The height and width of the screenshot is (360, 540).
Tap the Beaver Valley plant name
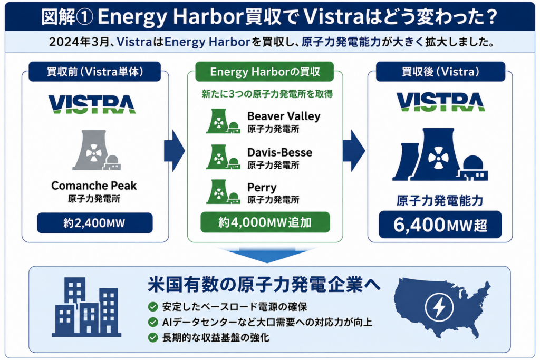(284, 116)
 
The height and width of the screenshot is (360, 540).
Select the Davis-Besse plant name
(279, 152)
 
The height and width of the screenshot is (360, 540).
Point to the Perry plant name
(262, 188)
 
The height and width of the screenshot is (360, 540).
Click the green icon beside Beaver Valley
(223, 121)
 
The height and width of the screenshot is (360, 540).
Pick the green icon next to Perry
(223, 192)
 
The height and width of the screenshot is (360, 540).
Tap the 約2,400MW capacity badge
(95, 223)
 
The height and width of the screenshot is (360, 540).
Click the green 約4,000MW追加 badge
(265, 222)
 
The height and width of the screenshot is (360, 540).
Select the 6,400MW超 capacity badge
(440, 225)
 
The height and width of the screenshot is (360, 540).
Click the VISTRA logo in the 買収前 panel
(92, 104)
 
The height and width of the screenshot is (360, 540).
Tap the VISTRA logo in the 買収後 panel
(440, 102)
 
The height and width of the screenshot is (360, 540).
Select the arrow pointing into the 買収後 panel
(354, 151)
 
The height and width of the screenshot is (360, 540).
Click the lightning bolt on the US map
(439, 306)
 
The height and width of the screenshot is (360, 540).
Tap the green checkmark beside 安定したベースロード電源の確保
(153, 307)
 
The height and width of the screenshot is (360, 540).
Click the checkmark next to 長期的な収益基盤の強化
(153, 337)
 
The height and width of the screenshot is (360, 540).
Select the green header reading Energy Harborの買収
(265, 72)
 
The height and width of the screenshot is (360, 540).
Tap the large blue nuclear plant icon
(440, 154)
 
